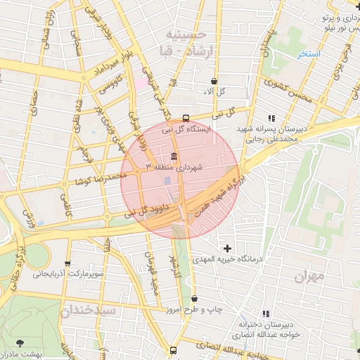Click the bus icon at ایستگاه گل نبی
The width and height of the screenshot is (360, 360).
click(186, 118)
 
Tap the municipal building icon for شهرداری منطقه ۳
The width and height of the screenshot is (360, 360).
click(174, 156)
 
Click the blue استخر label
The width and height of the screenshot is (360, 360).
click(307, 54)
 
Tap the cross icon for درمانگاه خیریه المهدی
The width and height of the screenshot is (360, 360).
click(227, 247)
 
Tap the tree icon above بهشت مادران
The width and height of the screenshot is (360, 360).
click(19, 342)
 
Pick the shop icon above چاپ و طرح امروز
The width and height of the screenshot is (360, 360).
click(194, 299)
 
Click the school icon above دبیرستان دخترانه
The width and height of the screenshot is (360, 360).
click(266, 313)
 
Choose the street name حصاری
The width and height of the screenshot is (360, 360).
click(34, 106)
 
